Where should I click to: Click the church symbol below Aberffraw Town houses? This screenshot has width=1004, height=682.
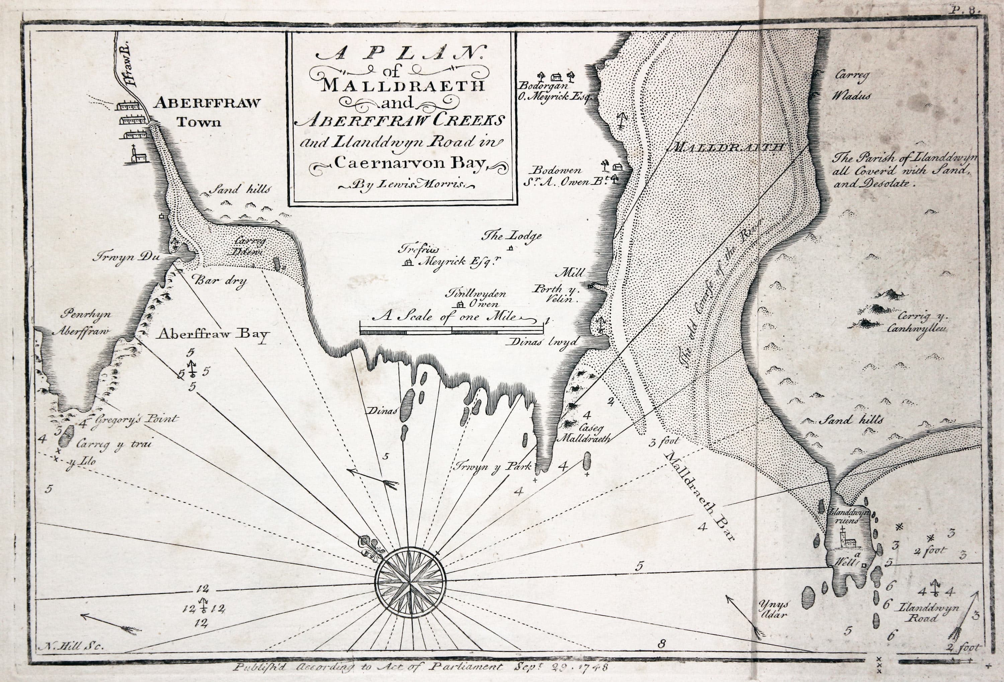[x=135, y=154]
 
